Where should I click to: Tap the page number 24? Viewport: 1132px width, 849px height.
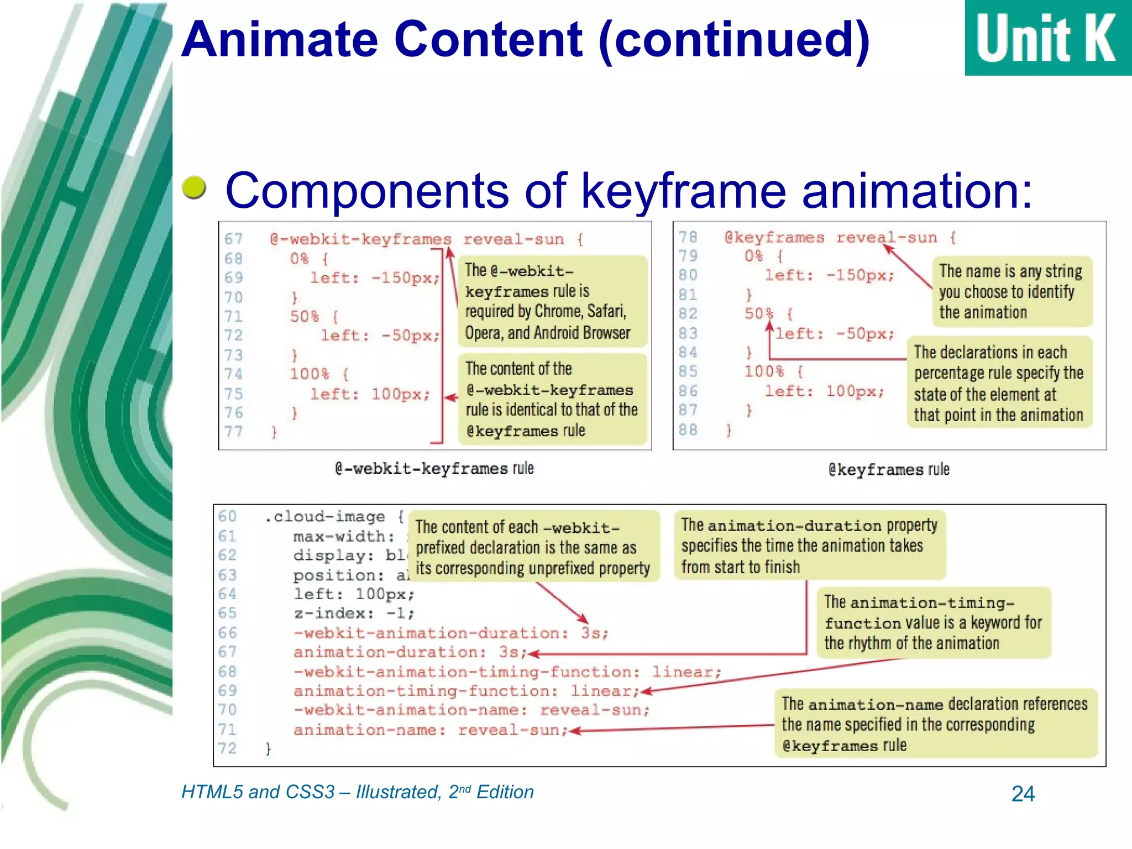point(1023,794)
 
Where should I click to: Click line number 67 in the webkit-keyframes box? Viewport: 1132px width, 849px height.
point(233,239)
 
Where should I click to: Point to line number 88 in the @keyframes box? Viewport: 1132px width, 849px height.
point(688,429)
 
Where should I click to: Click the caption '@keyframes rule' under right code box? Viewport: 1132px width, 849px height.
point(888,470)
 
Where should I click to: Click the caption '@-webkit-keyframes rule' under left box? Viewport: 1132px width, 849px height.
point(434,469)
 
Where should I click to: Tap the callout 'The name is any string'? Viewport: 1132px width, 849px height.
point(1010,291)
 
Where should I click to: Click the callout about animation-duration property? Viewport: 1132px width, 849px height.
point(809,546)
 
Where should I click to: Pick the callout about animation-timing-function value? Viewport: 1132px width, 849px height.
point(932,622)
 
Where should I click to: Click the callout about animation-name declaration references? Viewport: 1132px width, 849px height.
point(934,724)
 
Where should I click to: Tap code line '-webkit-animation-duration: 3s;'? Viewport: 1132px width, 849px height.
point(450,633)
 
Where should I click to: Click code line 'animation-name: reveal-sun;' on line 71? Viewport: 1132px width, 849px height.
point(431,730)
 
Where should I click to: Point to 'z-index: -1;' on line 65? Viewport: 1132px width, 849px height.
point(354,614)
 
